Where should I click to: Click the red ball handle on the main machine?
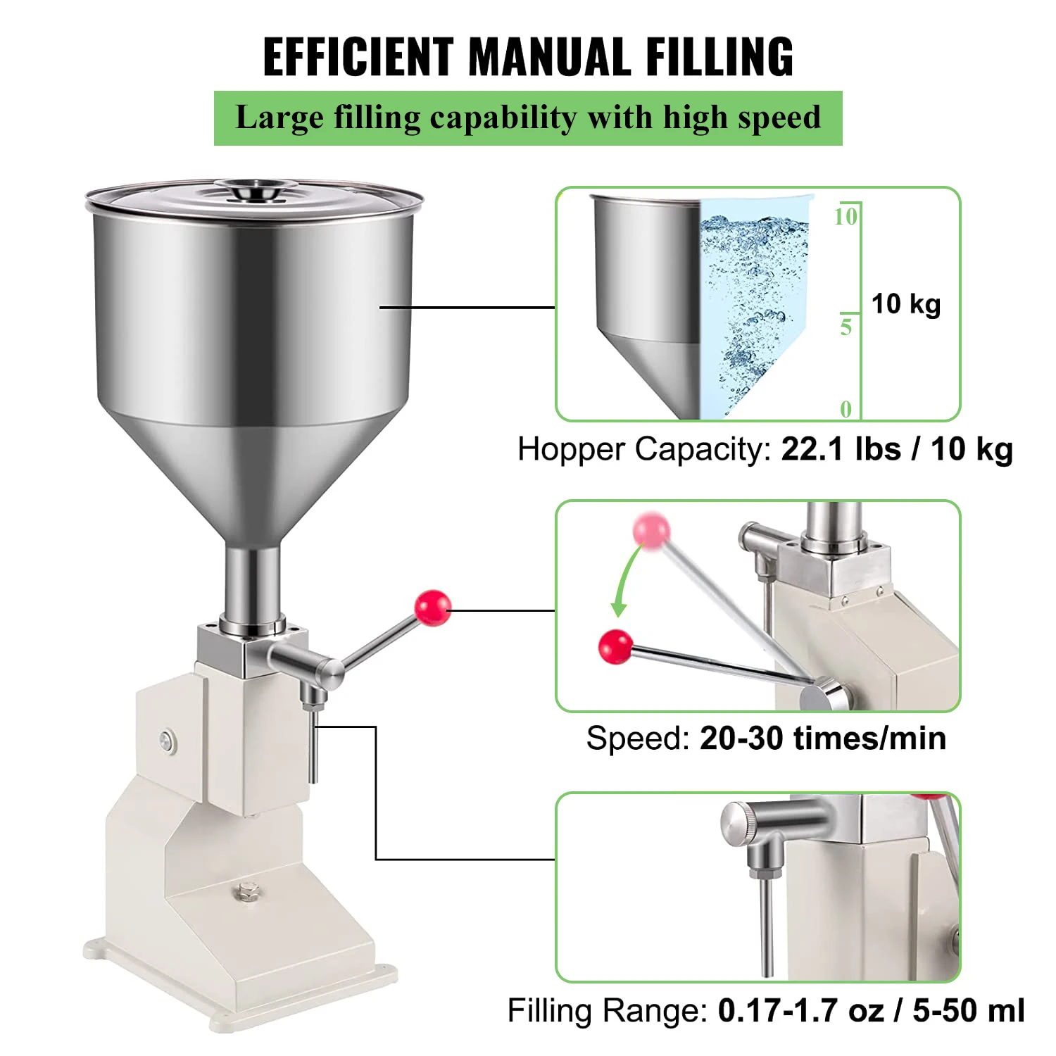[x=432, y=608]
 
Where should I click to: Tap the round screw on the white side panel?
[x=168, y=741]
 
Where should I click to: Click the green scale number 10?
[x=845, y=216]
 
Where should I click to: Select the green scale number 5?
[x=846, y=327]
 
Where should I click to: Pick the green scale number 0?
[x=846, y=409]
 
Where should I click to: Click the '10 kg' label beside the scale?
[x=906, y=304]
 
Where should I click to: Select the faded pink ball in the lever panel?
[x=650, y=529]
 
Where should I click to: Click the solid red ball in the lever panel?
[x=615, y=646]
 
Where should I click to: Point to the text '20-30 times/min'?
[x=822, y=738]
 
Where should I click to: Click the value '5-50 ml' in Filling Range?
[x=968, y=1011]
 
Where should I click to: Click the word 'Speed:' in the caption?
[x=638, y=738]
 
